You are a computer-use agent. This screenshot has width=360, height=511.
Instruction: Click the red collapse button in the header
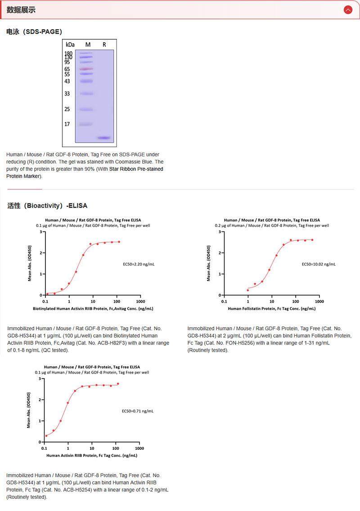[348, 10]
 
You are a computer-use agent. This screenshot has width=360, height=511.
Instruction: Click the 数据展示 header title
[21, 10]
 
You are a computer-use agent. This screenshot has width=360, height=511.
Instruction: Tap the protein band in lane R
[104, 138]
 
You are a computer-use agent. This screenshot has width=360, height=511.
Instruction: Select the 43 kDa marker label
[67, 81]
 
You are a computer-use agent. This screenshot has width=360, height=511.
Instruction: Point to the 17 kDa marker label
[67, 124]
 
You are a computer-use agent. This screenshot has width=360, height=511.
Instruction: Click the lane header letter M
[88, 45]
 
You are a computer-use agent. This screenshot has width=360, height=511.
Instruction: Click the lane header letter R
[104, 45]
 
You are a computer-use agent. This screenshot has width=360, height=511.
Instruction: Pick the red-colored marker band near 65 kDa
[86, 69]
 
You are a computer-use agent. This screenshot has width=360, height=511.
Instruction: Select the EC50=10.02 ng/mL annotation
[319, 264]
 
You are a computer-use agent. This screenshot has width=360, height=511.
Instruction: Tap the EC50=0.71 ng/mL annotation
[138, 411]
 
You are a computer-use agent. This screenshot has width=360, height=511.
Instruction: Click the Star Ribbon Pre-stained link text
[136, 169]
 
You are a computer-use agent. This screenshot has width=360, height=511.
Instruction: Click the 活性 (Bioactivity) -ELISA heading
[47, 206]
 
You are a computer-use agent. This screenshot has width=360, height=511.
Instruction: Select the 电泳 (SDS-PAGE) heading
[34, 32]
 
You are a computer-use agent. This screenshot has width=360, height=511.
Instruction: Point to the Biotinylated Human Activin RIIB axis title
[93, 309]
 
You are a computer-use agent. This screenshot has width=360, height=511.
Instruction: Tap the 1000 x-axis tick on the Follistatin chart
[319, 301]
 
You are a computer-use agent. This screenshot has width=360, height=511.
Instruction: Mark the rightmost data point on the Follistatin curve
[312, 240]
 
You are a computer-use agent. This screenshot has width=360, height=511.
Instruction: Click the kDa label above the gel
[70, 45]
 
